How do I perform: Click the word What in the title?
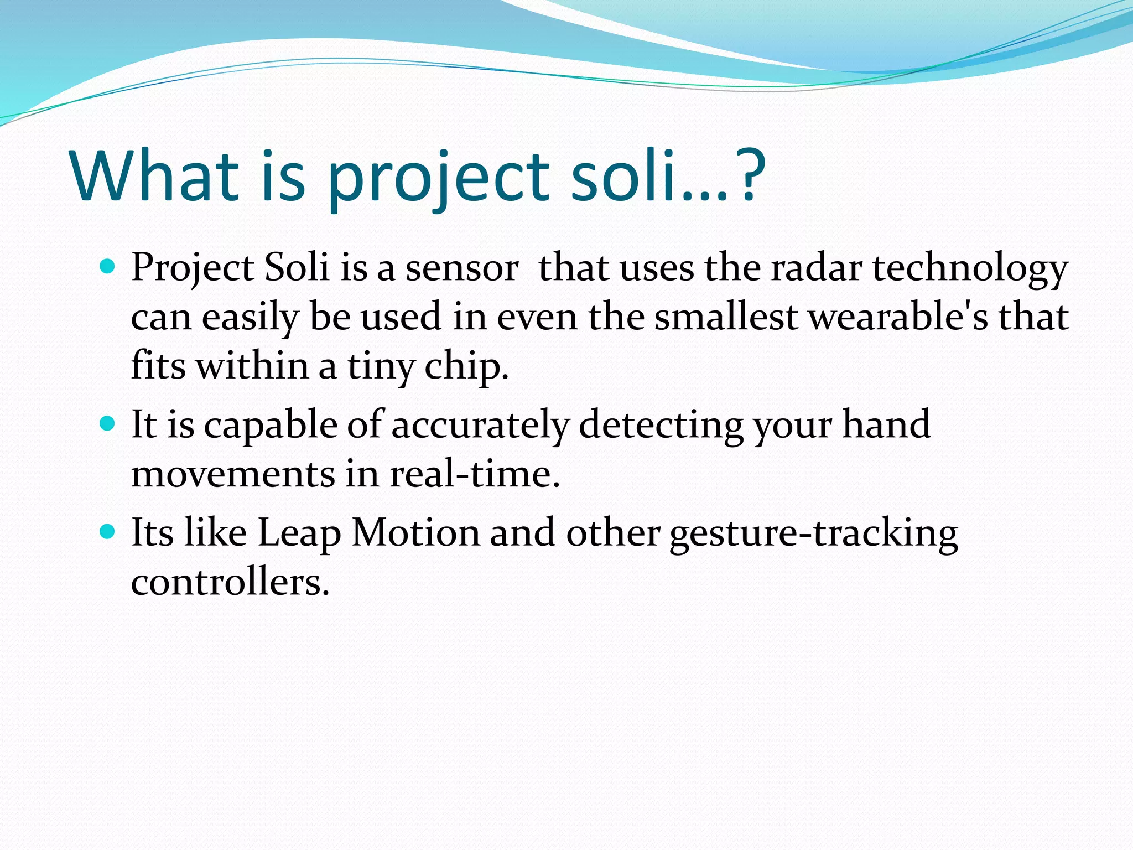tap(154, 176)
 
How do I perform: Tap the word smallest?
tap(726, 318)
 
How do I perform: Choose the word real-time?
tap(474, 475)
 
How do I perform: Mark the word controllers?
tap(230, 582)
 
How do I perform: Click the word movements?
tap(233, 475)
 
